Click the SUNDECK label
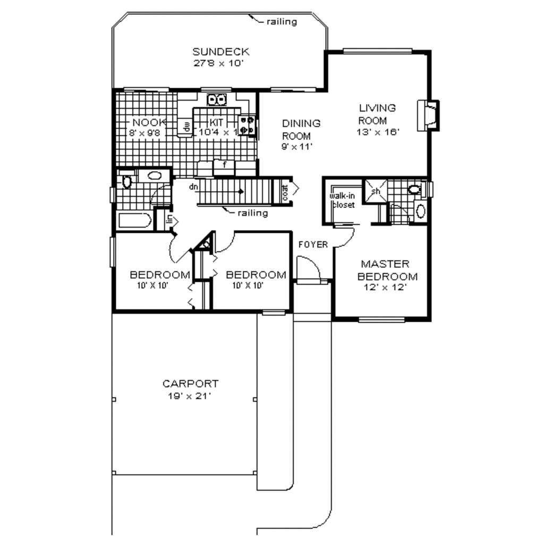pyautogui.click(x=220, y=52)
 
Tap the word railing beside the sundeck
pyautogui.click(x=281, y=22)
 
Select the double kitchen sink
pyautogui.click(x=217, y=99)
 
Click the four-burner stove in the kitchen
pyautogui.click(x=248, y=124)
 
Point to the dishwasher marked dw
pyautogui.click(x=186, y=127)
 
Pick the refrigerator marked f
pyautogui.click(x=224, y=165)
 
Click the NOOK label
pyautogui.click(x=150, y=121)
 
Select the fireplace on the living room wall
pyautogui.click(x=428, y=115)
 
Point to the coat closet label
pyautogui.click(x=285, y=192)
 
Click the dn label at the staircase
pyautogui.click(x=193, y=187)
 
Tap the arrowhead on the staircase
pyautogui.click(x=241, y=191)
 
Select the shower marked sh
pyautogui.click(x=376, y=191)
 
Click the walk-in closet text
pyautogui.click(x=343, y=200)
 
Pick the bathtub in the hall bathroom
pyautogui.click(x=134, y=221)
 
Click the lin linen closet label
pyautogui.click(x=168, y=219)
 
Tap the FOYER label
pyautogui.click(x=313, y=245)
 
